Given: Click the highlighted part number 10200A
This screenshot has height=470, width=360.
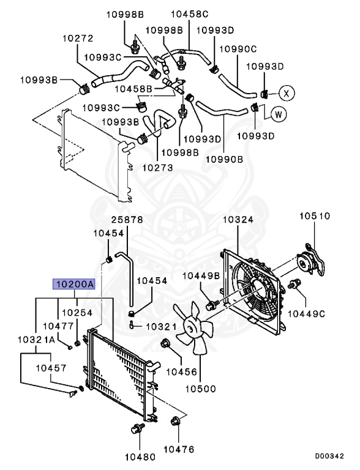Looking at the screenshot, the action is pyautogui.click(x=74, y=284).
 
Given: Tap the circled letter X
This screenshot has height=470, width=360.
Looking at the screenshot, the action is pyautogui.click(x=287, y=93).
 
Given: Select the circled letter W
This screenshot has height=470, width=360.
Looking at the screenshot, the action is pyautogui.click(x=279, y=114).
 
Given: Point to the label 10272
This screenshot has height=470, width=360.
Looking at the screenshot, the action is pyautogui.click(x=78, y=39).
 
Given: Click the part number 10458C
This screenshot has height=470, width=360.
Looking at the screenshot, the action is pyautogui.click(x=190, y=14).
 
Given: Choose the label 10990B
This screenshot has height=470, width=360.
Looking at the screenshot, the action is pyautogui.click(x=225, y=159).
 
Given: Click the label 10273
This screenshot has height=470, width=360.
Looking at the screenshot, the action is pyautogui.click(x=157, y=167).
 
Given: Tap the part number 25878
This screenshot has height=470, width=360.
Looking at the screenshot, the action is pyautogui.click(x=127, y=220).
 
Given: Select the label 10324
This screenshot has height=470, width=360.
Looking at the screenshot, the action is pyautogui.click(x=238, y=220).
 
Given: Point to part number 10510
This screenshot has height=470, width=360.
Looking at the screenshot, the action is pyautogui.click(x=315, y=216).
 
